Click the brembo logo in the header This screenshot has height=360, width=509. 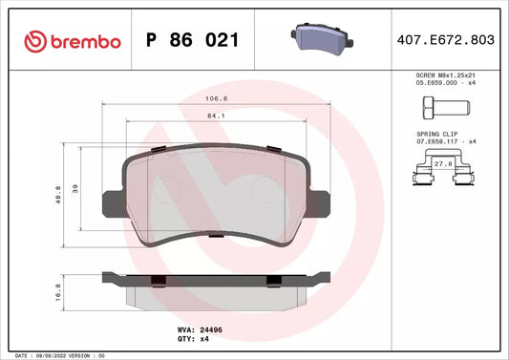pyautogui.click(x=73, y=42)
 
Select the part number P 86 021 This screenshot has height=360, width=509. pyautogui.click(x=193, y=40)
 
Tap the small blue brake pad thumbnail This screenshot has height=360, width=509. pyautogui.click(x=322, y=39)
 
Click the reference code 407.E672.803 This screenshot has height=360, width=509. pyautogui.click(x=446, y=39)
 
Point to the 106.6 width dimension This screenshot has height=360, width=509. pyautogui.click(x=217, y=98)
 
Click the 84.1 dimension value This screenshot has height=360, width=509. pyautogui.click(x=216, y=116)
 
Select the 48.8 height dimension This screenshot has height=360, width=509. pyautogui.click(x=58, y=195)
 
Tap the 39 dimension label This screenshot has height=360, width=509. pyautogui.click(x=75, y=189)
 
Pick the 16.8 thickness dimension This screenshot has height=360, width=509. pyautogui.click(x=58, y=292)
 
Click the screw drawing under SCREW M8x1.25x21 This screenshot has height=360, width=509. pyautogui.click(x=446, y=108)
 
